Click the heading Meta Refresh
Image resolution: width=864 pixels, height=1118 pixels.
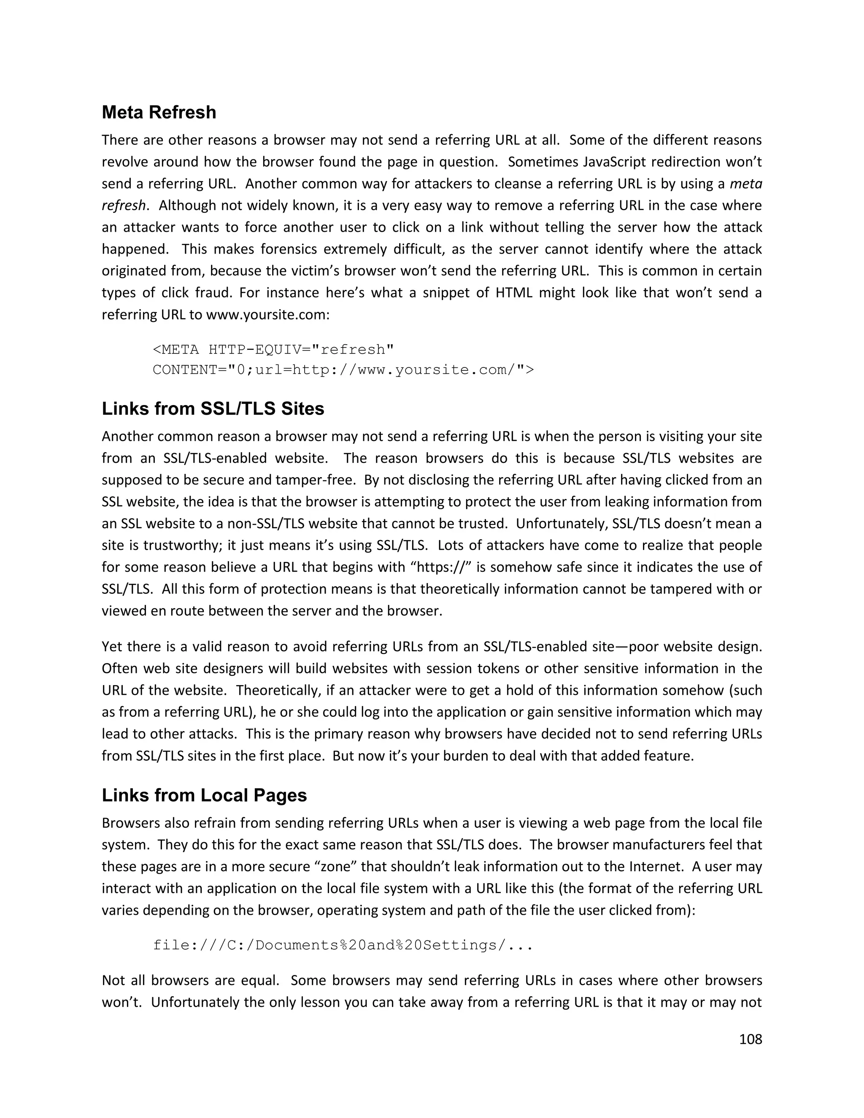click(159, 112)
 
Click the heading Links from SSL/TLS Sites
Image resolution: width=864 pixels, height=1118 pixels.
click(213, 408)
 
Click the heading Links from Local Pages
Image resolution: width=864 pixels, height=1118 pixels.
click(204, 795)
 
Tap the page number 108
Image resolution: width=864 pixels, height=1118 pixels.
click(751, 1039)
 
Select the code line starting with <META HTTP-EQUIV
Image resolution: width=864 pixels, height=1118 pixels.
click(273, 350)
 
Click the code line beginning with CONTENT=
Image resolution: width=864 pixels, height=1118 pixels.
click(343, 370)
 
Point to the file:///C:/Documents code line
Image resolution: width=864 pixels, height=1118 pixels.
click(343, 945)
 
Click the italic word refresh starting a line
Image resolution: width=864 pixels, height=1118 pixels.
click(123, 205)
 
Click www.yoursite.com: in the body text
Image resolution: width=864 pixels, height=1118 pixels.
click(268, 314)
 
